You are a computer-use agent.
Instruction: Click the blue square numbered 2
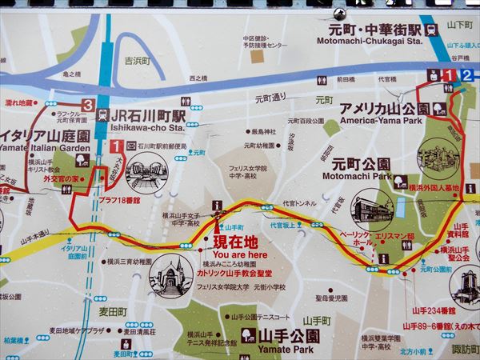point(468,75)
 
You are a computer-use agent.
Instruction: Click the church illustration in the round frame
point(169,275)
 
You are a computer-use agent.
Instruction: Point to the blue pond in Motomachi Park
point(400,208)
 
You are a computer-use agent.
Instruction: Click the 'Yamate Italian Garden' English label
point(46,147)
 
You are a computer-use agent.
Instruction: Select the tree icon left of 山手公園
point(246,334)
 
